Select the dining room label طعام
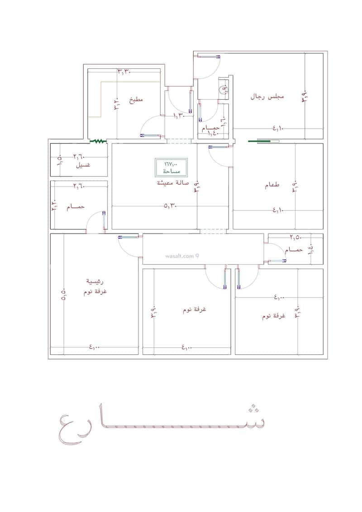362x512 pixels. (x=272, y=186)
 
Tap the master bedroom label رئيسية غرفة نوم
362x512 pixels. (x=95, y=287)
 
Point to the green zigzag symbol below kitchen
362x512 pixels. (x=97, y=141)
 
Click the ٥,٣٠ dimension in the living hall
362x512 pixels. (x=171, y=206)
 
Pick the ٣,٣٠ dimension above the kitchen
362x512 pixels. (x=125, y=72)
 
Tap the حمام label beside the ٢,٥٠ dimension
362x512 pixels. (x=294, y=250)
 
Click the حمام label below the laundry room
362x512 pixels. (x=75, y=206)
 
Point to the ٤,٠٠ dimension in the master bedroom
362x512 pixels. (x=94, y=347)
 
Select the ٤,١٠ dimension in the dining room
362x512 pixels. (x=278, y=210)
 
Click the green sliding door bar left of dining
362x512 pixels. (x=264, y=141)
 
